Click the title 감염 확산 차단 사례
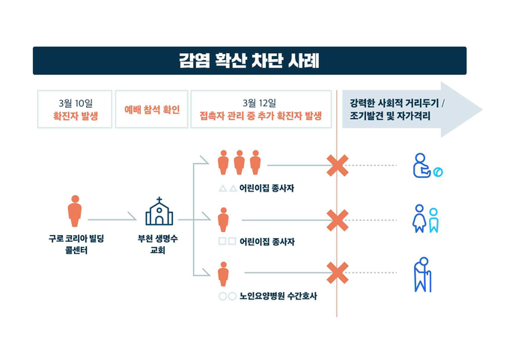pyautogui.click(x=249, y=61)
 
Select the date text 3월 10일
pyautogui.click(x=76, y=103)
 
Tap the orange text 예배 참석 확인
pyautogui.click(x=152, y=110)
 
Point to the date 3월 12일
pyautogui.click(x=260, y=103)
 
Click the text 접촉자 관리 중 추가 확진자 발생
pyautogui.click(x=260, y=116)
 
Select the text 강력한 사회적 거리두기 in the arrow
pyautogui.click(x=394, y=103)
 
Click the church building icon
pyautogui.click(x=159, y=211)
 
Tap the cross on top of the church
pyautogui.click(x=159, y=199)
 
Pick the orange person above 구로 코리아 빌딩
pyautogui.click(x=75, y=210)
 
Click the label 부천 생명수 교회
pyautogui.click(x=158, y=245)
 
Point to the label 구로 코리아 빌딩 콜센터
pyautogui.click(x=76, y=245)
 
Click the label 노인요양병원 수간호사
pyautogui.click(x=278, y=296)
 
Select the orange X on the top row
pyautogui.click(x=338, y=165)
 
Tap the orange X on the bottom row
pyautogui.click(x=338, y=273)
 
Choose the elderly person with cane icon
pyautogui.click(x=423, y=275)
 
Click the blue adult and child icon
pyautogui.click(x=425, y=219)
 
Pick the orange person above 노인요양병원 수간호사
pyautogui.click(x=223, y=274)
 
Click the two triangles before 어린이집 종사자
pyautogui.click(x=228, y=188)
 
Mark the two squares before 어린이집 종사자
pyautogui.click(x=228, y=241)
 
